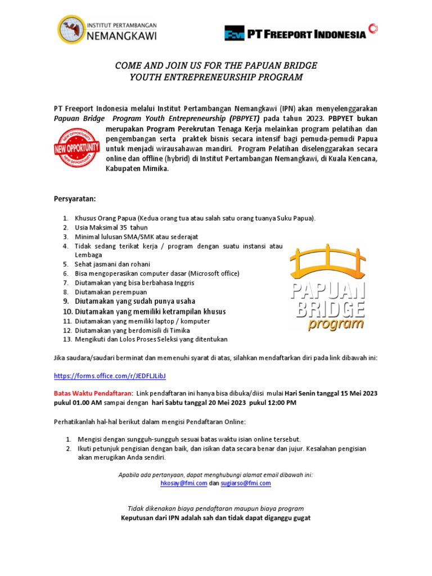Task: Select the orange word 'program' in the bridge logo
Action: pyautogui.click(x=335, y=325)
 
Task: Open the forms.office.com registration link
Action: pyautogui.click(x=110, y=375)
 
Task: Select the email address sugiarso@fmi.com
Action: pyautogui.click(x=246, y=483)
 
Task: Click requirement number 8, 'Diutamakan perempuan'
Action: pyautogui.click(x=111, y=292)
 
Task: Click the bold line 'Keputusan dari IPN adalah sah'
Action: pyautogui.click(x=216, y=517)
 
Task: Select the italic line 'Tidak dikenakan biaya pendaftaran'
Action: pyautogui.click(x=216, y=508)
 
